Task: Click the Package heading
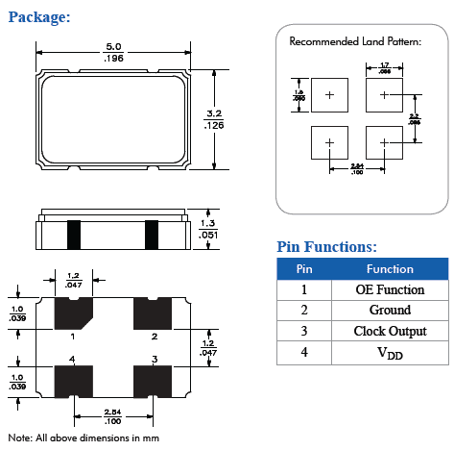coord(38,17)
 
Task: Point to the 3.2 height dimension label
coord(214,118)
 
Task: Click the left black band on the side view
coord(73,233)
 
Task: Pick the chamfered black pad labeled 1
coord(72,313)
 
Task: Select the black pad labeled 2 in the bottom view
coord(152,313)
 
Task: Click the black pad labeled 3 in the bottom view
coord(152,380)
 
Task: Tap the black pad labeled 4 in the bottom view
coord(73,380)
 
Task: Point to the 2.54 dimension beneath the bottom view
coord(111,416)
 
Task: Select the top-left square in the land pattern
coord(328,94)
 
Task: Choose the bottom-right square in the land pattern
coord(383,142)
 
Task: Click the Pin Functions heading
coord(326,246)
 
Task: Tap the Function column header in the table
coord(390,269)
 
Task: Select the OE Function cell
coord(390,289)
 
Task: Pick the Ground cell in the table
coord(390,311)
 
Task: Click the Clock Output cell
coord(390,332)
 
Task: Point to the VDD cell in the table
coord(390,353)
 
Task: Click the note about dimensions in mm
coord(83,437)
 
